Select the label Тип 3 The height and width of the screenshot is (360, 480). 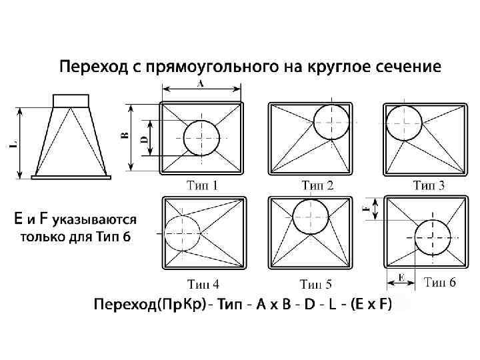(429, 185)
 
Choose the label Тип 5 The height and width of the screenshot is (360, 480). (315, 285)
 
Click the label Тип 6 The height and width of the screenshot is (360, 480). (441, 283)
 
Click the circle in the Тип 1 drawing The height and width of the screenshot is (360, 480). (201, 138)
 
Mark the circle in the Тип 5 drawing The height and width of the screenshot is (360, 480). (310, 217)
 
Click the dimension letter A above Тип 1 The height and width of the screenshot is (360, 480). (201, 83)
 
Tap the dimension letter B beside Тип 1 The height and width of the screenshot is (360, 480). (125, 136)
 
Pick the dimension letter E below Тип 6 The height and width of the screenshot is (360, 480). (401, 275)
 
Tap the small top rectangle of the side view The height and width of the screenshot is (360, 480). (70, 100)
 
